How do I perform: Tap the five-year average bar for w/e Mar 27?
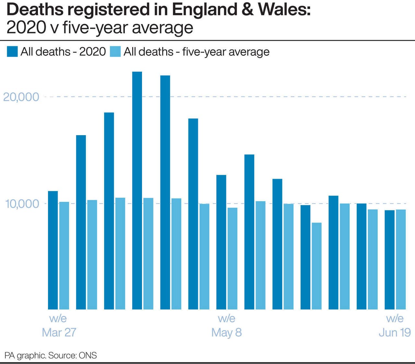pos(64,256)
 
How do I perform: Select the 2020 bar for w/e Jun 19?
pos(389,260)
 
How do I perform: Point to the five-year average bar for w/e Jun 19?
pos(401,259)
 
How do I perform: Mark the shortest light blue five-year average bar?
pos(317,266)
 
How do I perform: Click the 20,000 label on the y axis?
pos(21,97)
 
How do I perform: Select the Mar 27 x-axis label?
pos(59,332)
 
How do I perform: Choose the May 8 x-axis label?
pos(227,332)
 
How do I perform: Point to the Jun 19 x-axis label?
pos(395,332)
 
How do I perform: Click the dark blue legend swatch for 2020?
pos(12,52)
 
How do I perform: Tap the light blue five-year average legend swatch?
pos(115,52)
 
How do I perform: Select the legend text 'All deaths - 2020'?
pos(63,52)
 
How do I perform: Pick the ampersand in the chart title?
pos(248,10)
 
